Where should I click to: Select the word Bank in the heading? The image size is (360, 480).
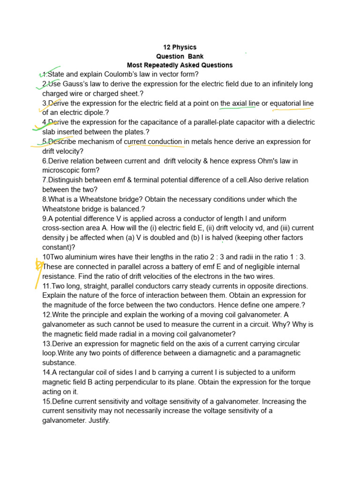point(195,56)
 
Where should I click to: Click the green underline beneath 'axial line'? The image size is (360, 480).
point(237,108)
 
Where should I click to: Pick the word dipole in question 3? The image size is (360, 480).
point(92,112)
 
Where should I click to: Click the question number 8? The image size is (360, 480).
point(45,199)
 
